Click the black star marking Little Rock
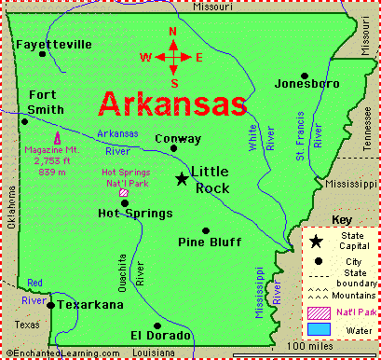point(182,178)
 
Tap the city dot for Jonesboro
point(304,76)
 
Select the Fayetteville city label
point(53,44)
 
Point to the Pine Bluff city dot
point(206,230)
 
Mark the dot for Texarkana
point(51,303)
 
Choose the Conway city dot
point(174,145)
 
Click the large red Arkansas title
point(173,102)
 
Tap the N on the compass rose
point(173,31)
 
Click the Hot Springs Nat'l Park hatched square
point(124,194)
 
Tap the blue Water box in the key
point(320,329)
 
